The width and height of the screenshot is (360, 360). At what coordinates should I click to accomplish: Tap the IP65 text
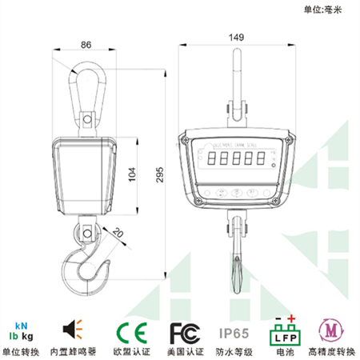pos(235,330)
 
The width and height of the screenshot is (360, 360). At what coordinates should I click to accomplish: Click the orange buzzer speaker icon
pos(73,330)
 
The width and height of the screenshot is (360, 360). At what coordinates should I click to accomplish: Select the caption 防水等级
pos(235,350)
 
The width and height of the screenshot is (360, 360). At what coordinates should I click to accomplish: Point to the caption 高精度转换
pos(330,350)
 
